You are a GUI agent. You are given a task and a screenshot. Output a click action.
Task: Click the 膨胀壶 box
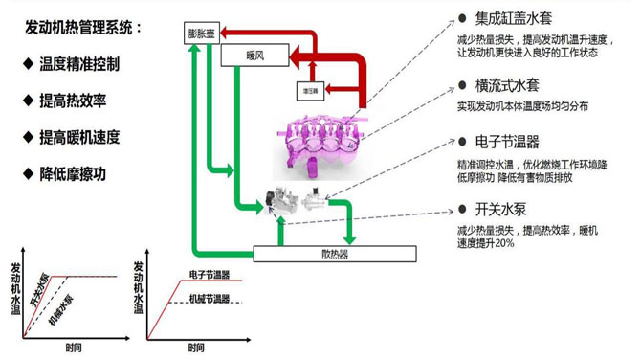click(202, 34)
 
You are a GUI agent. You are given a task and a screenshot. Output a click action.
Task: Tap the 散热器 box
click(335, 255)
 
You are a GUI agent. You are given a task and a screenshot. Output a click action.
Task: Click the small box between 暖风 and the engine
click(309, 92)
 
